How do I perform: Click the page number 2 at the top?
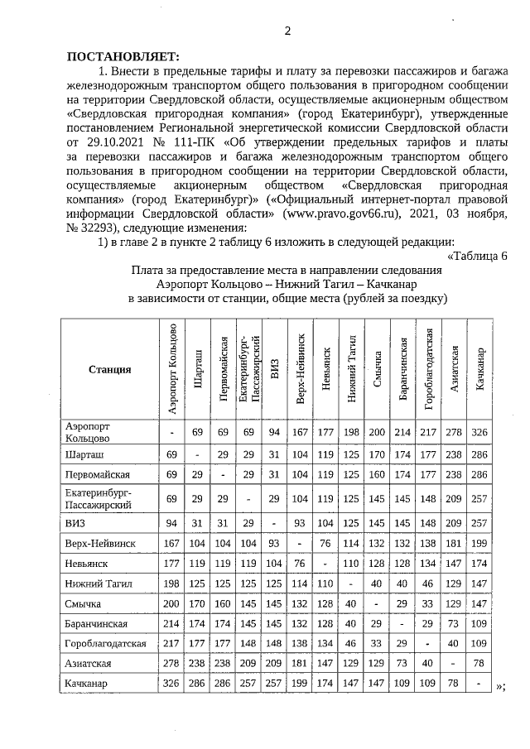pyautogui.click(x=287, y=31)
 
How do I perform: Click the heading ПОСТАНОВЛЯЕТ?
pyautogui.click(x=122, y=56)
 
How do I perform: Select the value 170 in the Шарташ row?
pyautogui.click(x=378, y=454)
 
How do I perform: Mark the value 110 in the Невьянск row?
pyautogui.click(x=352, y=562)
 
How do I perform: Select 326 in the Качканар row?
pyautogui.click(x=171, y=684)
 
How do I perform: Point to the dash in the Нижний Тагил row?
pyautogui.click(x=352, y=583)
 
